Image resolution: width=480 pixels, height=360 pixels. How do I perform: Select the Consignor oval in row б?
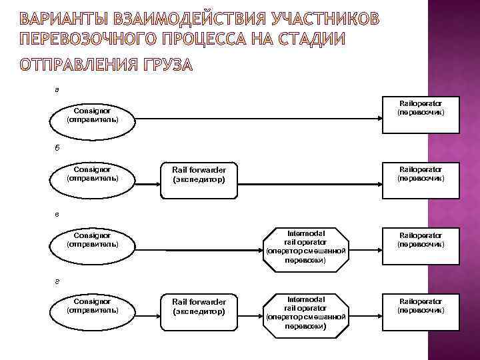coord(93,175)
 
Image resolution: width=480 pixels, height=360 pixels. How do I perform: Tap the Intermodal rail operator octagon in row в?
coord(305,247)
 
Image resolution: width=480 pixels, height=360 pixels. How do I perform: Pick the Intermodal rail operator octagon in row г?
coord(305,313)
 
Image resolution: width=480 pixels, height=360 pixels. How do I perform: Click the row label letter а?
coord(57,89)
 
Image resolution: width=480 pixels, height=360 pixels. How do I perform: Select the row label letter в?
coord(57,214)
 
